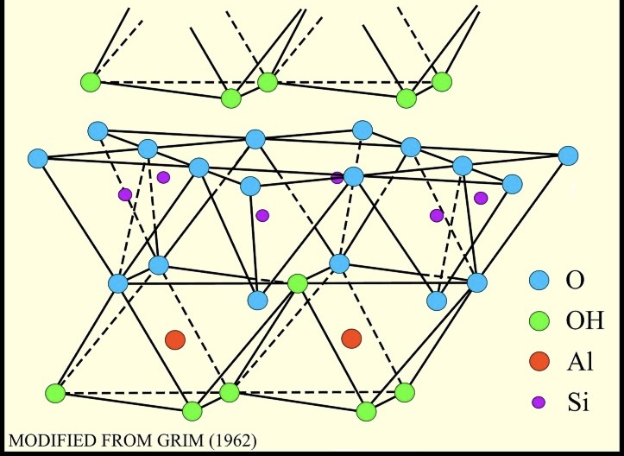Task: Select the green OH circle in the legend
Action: [x=539, y=321]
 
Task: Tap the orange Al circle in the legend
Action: [x=539, y=361]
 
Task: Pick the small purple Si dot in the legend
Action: [x=539, y=402]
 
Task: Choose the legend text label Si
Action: [x=576, y=402]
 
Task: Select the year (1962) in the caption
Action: [x=230, y=441]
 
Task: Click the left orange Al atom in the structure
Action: [x=175, y=339]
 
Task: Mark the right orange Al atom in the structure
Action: [x=351, y=338]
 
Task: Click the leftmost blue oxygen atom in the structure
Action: [x=37, y=159]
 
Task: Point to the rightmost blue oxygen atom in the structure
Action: [x=568, y=156]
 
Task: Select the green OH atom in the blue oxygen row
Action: [x=297, y=283]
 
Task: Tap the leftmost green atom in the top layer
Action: [x=90, y=83]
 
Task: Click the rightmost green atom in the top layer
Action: [x=442, y=82]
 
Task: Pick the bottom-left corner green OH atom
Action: [x=56, y=393]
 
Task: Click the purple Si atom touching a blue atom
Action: [x=337, y=178]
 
